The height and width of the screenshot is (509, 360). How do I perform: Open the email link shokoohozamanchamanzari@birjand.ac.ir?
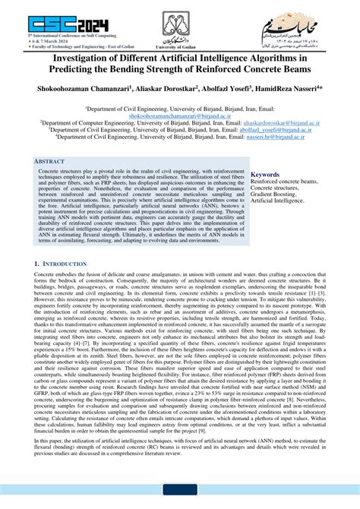point(179,116)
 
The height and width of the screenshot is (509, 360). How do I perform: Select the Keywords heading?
point(268,175)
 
